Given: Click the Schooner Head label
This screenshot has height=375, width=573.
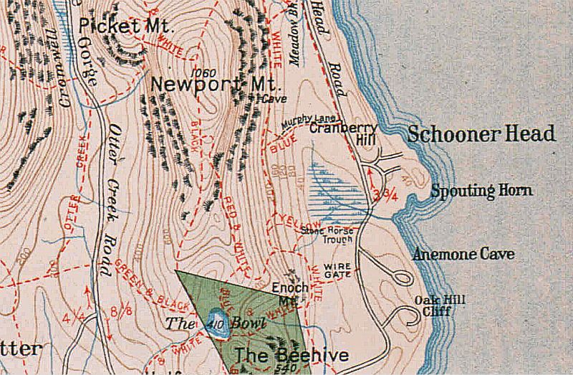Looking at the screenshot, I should pos(481,134).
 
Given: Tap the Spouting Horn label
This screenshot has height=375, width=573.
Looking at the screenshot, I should pos(481,191).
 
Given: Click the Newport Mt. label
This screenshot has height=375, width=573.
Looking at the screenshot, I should pos(205,85).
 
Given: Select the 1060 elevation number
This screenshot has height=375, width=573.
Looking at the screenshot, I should pos(205,73).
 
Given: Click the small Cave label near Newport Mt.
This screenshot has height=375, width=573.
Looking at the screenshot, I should pos(271,98).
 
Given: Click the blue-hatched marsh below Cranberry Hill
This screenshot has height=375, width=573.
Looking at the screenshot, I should pos(337,188).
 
